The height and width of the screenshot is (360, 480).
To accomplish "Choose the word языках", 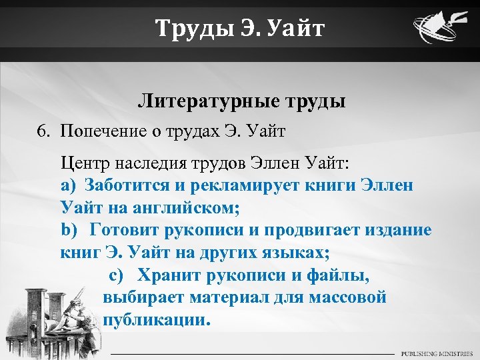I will click(293, 253).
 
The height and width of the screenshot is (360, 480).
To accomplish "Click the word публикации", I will click(157, 319).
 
